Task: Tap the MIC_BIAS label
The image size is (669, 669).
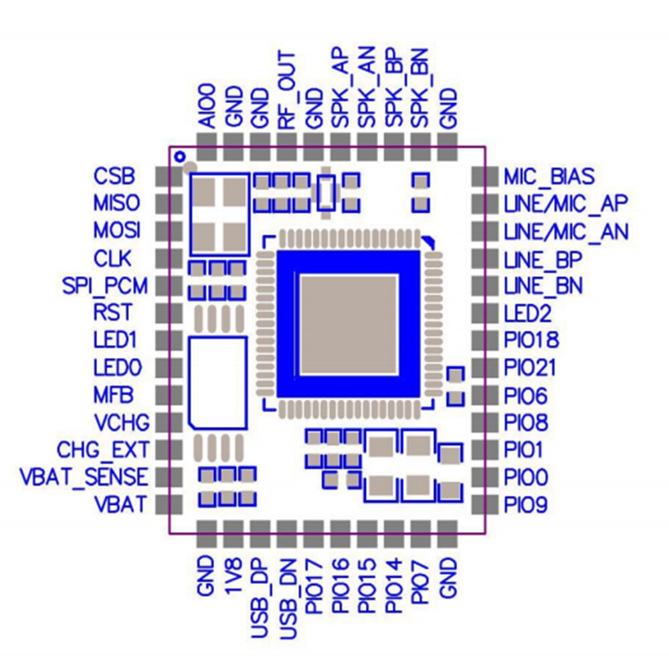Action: [x=549, y=177]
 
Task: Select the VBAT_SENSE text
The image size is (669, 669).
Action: [x=84, y=477]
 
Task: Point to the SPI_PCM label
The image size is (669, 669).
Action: [x=104, y=286]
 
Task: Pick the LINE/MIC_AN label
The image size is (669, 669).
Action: [x=566, y=231]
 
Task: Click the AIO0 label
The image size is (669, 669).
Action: [x=207, y=106]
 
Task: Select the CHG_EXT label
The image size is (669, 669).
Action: [x=103, y=448]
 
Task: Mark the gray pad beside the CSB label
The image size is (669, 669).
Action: [x=163, y=176]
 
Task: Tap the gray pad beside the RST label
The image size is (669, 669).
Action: [x=163, y=312]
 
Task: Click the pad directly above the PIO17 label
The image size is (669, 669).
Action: [x=313, y=529]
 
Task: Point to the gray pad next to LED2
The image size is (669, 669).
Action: [x=479, y=313]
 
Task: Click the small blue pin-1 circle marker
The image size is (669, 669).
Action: [x=179, y=157]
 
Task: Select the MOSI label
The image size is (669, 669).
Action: [x=117, y=231]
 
